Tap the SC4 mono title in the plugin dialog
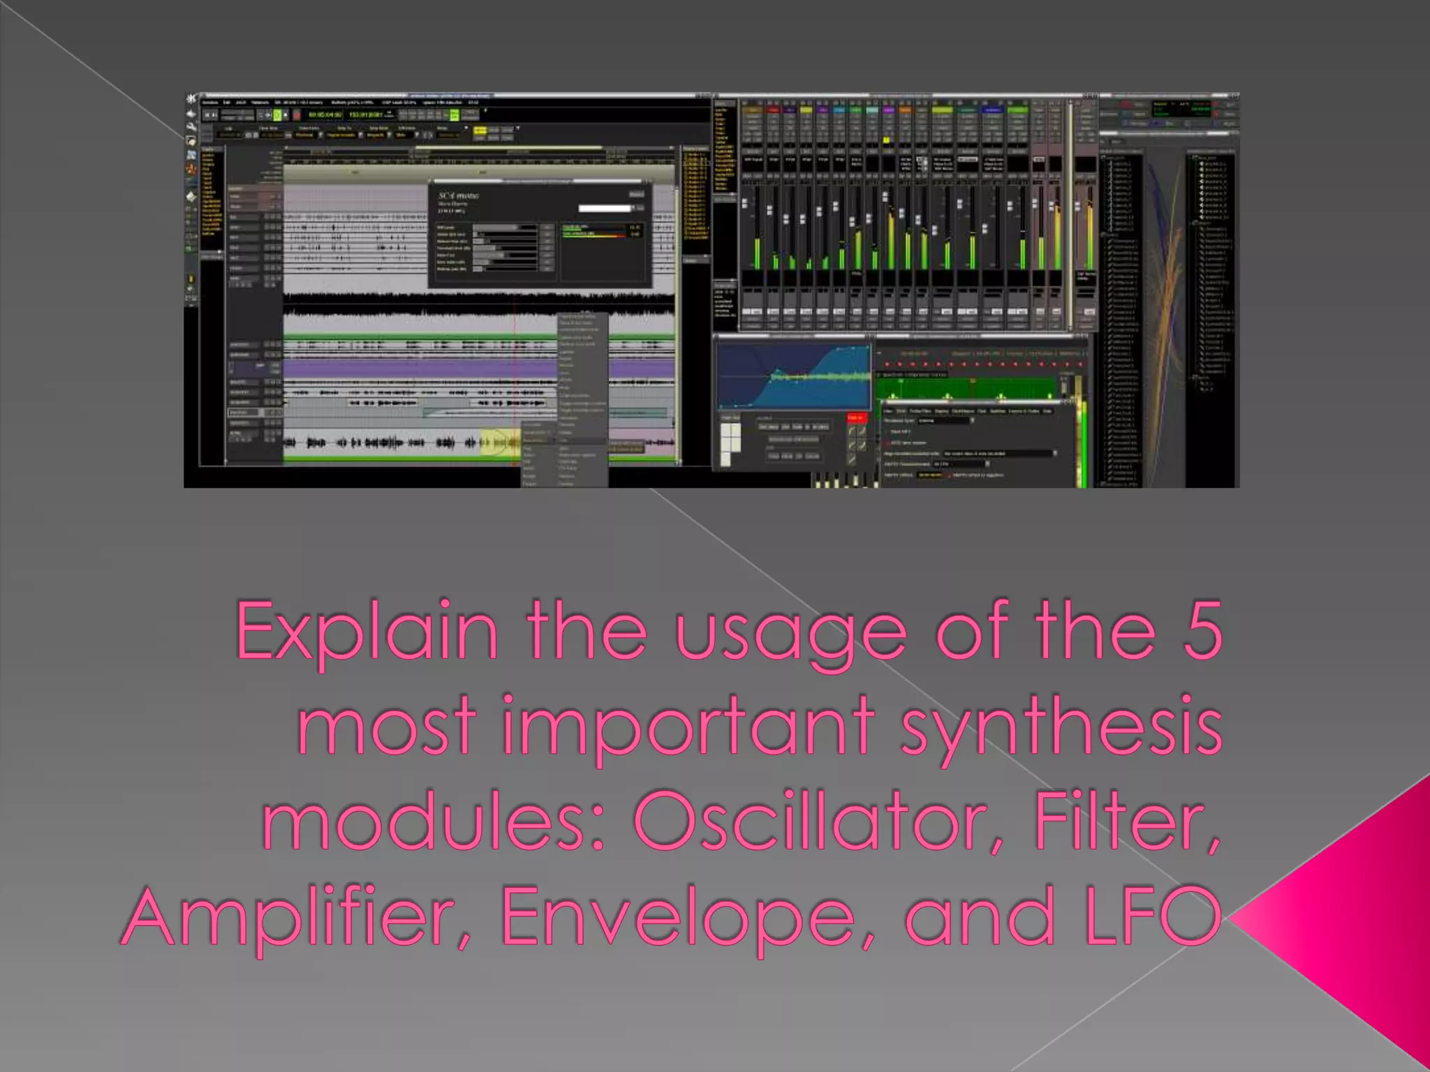click(458, 196)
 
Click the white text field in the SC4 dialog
click(605, 208)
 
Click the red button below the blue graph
click(856, 418)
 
